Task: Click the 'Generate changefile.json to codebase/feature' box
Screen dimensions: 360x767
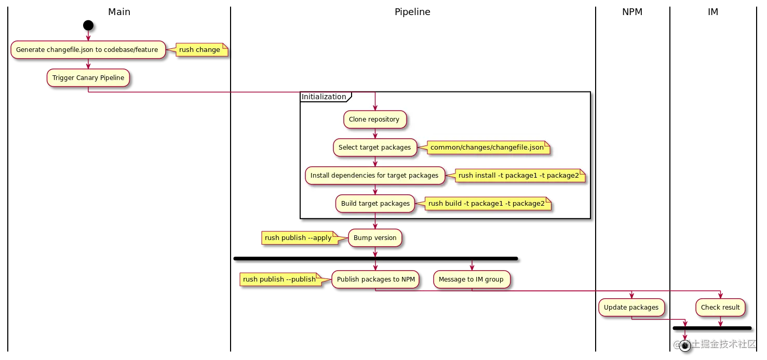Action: tap(87, 50)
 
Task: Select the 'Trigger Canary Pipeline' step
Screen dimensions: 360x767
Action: tap(88, 78)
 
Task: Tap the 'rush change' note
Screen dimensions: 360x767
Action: tap(200, 50)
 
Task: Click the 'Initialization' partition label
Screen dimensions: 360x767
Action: tap(324, 97)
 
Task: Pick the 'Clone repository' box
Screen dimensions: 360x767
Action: tap(374, 119)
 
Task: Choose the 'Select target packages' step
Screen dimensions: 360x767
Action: tap(374, 148)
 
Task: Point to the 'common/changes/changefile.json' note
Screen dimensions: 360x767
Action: tap(487, 148)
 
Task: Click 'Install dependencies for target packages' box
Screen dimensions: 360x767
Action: tap(374, 176)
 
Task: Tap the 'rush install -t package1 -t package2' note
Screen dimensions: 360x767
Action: tap(518, 176)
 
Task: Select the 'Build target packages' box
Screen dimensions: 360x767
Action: tap(375, 204)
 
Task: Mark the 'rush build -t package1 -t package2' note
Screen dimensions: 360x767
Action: tap(487, 204)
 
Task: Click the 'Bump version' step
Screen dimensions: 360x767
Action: tap(375, 238)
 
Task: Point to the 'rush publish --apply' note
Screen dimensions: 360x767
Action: tap(298, 238)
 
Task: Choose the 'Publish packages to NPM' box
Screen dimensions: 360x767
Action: tap(375, 279)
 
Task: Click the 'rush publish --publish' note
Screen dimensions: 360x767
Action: tap(279, 279)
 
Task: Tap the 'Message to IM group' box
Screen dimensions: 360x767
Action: tap(471, 279)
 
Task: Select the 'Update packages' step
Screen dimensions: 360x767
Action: tap(631, 308)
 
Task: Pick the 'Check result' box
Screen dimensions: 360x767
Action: tap(720, 308)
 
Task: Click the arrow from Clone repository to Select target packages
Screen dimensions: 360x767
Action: tap(374, 134)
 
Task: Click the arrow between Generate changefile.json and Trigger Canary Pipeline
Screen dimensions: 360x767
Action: tap(88, 64)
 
